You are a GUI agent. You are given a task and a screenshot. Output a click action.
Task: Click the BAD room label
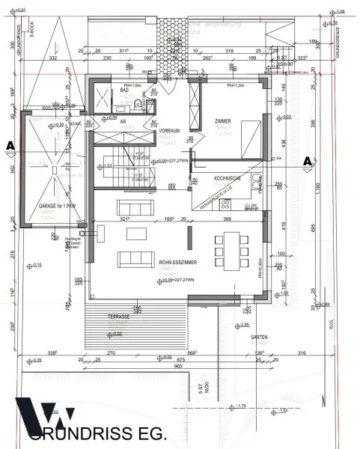point(124,89)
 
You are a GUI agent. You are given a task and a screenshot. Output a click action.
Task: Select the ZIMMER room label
point(222,120)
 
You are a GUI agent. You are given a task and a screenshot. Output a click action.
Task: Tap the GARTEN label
point(260,337)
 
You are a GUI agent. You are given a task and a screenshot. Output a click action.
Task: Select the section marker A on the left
point(10,144)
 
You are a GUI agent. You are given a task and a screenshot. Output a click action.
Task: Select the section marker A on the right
point(308,160)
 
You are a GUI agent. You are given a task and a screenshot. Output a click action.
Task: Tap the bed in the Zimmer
point(240,138)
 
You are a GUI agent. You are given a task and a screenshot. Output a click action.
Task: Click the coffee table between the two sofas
point(135,234)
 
